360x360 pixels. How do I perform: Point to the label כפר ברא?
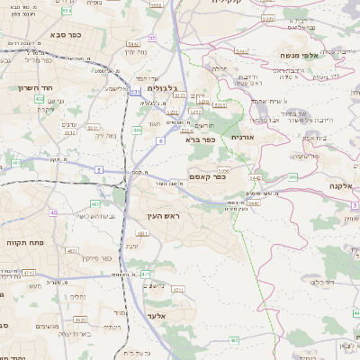[200, 139]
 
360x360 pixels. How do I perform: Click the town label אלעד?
[154, 317]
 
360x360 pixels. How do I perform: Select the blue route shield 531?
[135, 91]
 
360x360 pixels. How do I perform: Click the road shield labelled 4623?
[81, 319]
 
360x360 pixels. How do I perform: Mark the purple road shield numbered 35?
[152, 38]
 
